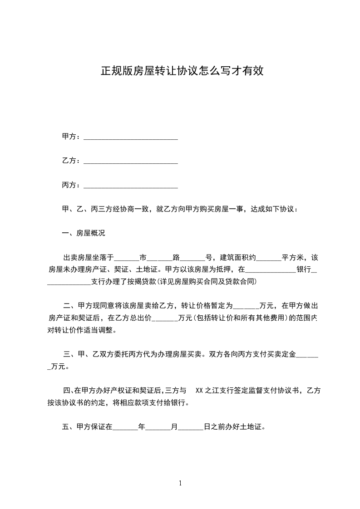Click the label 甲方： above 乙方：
[71, 136]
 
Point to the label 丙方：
[71, 185]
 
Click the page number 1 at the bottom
[180, 483]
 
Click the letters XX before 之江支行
[200, 391]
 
